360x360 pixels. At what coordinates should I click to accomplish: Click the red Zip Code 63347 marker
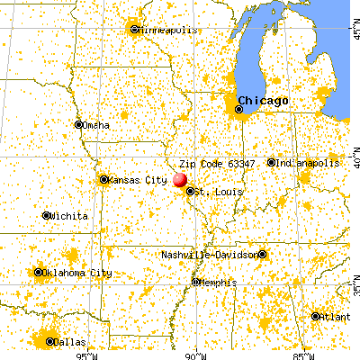click(x=180, y=180)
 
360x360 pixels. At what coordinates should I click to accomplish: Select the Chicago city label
click(x=265, y=100)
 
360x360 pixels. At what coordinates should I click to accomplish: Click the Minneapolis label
click(x=166, y=29)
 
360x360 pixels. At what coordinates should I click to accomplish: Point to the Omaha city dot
click(x=79, y=124)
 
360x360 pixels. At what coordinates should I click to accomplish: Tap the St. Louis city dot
click(x=189, y=191)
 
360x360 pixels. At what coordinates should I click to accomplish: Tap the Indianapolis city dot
click(x=271, y=163)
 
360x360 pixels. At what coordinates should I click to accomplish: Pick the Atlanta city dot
click(x=316, y=316)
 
